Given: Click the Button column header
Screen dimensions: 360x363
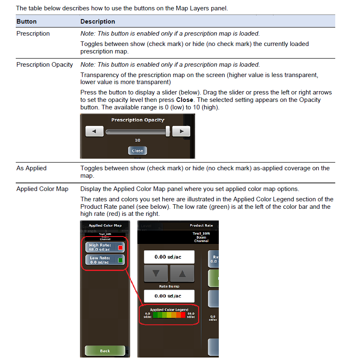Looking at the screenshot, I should (27, 21).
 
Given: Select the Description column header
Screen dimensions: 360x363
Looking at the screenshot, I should (97, 21).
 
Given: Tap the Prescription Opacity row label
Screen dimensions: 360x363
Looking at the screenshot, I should (44, 65).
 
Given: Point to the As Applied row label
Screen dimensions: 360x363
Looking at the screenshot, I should (31, 168).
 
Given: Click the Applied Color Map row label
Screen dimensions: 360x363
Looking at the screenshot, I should (42, 189).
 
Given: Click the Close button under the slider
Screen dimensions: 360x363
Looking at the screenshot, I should (137, 151).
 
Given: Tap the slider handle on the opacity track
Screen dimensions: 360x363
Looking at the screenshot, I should (168, 132).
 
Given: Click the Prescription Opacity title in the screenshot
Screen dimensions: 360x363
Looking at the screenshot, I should (138, 120).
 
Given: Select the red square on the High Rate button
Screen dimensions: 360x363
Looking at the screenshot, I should (121, 248).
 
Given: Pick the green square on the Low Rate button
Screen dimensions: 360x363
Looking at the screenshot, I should (121, 260).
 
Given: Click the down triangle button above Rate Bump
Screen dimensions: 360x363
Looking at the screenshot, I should (155, 274).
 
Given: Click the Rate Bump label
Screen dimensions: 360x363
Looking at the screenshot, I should (169, 286).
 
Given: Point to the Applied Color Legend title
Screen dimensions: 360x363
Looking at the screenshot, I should (169, 309).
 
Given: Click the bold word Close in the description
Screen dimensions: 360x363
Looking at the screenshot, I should (184, 100).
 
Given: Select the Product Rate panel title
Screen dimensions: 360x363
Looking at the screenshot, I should (201, 226).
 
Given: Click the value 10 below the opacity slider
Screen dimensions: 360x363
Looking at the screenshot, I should (137, 140).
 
